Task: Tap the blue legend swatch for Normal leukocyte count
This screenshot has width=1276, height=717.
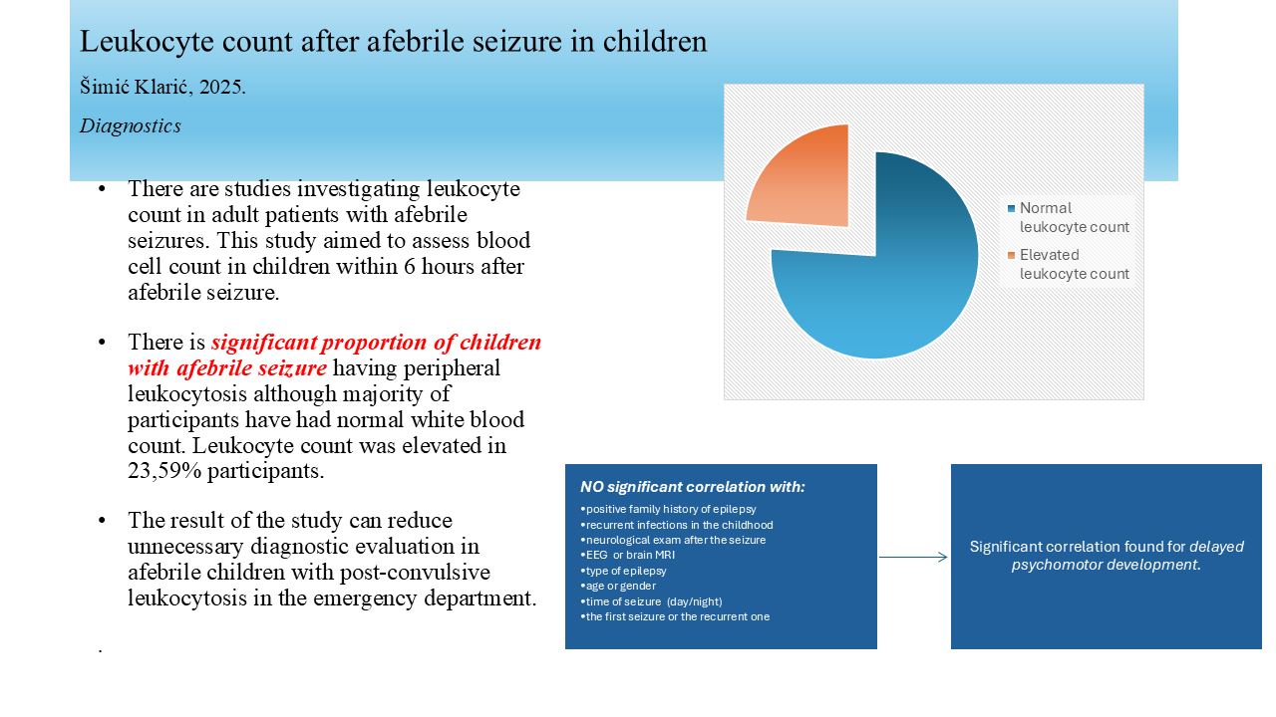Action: [1011, 208]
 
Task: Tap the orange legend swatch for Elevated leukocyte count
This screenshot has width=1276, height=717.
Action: [1011, 255]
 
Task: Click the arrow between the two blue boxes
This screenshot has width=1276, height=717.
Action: [913, 557]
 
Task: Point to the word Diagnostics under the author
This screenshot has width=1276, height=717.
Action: [131, 125]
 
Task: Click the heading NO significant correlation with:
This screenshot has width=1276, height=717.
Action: [692, 487]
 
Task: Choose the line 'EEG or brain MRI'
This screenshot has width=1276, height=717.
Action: [627, 555]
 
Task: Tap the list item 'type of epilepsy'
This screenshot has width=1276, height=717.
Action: [623, 571]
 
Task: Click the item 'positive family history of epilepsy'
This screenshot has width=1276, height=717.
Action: [668, 509]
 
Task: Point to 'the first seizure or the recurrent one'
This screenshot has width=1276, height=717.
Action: [675, 616]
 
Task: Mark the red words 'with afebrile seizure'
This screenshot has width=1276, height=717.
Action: [227, 367]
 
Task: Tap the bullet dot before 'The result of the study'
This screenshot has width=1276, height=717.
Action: [102, 521]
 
